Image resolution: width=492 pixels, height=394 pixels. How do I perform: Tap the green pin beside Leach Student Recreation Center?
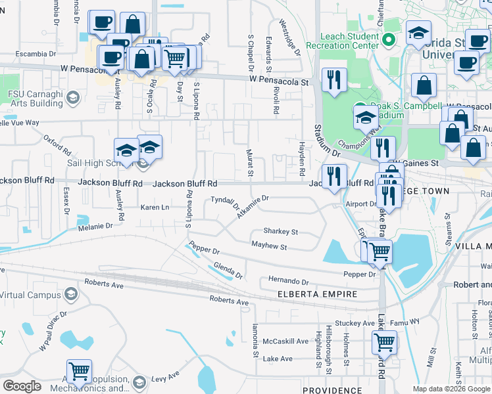coord(389,40)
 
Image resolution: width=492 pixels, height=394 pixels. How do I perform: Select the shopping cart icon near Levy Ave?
coord(79,371)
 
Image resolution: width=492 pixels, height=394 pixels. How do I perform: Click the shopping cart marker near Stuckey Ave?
coord(384,341)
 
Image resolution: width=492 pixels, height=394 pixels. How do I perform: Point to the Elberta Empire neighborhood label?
coord(317,294)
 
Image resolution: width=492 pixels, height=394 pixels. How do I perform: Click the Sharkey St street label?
coord(280,232)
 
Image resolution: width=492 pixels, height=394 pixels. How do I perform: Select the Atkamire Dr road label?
coord(253,207)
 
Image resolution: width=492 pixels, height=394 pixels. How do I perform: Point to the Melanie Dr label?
coord(95,226)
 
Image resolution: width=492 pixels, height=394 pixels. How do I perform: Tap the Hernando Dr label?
coord(288,281)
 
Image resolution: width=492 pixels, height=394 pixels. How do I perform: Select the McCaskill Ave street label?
coord(285,341)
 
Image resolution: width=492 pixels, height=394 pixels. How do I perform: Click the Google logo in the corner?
coord(22,385)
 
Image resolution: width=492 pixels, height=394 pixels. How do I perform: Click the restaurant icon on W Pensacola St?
coord(334,79)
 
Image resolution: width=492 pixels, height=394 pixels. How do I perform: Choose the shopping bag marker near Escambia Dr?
coord(132,24)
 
